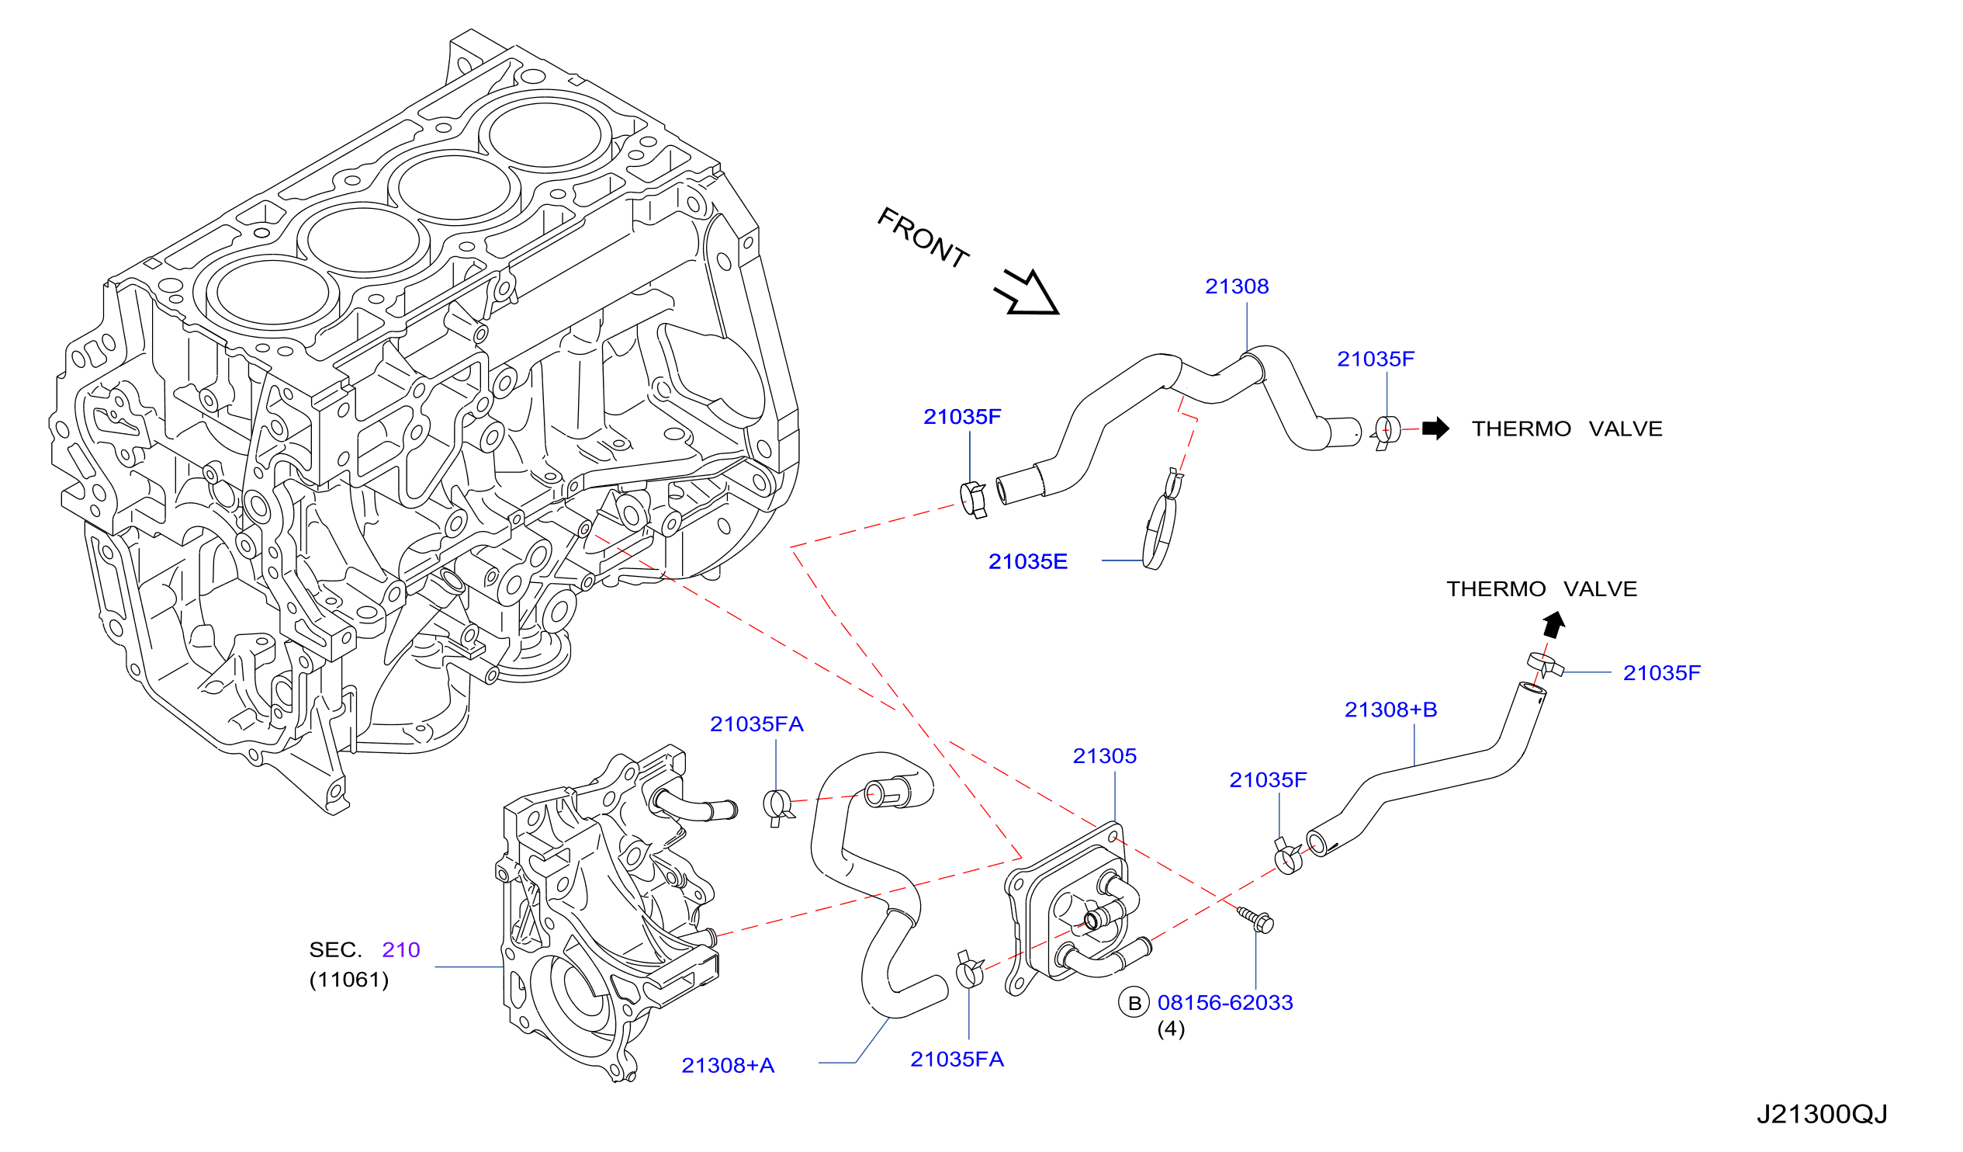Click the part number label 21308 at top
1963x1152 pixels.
pyautogui.click(x=1236, y=286)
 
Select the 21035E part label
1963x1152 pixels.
pyautogui.click(x=1027, y=562)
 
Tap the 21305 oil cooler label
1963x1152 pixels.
pyautogui.click(x=1104, y=756)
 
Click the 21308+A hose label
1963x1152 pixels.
pyautogui.click(x=728, y=1066)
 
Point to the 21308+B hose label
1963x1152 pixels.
pyautogui.click(x=1390, y=710)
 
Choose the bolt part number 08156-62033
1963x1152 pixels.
pyautogui.click(x=1224, y=1003)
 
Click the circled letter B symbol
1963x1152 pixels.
pyautogui.click(x=1134, y=1003)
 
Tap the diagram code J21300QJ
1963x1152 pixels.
pyautogui.click(x=1822, y=1115)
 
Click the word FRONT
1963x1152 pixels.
pyautogui.click(x=923, y=238)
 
